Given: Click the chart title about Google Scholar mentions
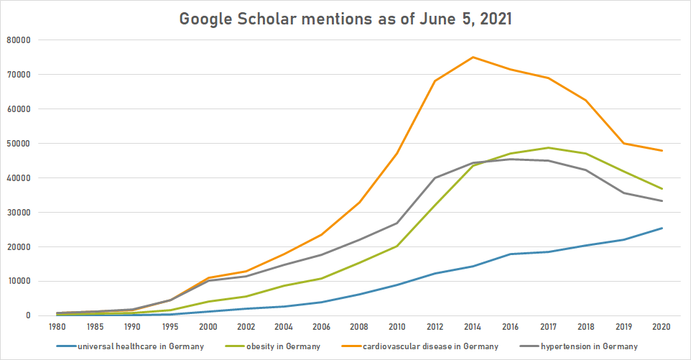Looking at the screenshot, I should (345, 19).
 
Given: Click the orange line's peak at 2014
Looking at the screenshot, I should (473, 57).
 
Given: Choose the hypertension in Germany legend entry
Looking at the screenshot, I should (585, 346).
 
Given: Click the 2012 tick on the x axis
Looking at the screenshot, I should (434, 327).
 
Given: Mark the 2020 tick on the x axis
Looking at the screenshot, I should (661, 327).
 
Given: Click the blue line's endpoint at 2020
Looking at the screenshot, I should (661, 228).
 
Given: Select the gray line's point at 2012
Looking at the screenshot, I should (434, 177).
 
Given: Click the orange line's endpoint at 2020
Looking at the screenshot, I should (661, 150).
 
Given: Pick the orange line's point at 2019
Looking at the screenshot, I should (623, 143).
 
